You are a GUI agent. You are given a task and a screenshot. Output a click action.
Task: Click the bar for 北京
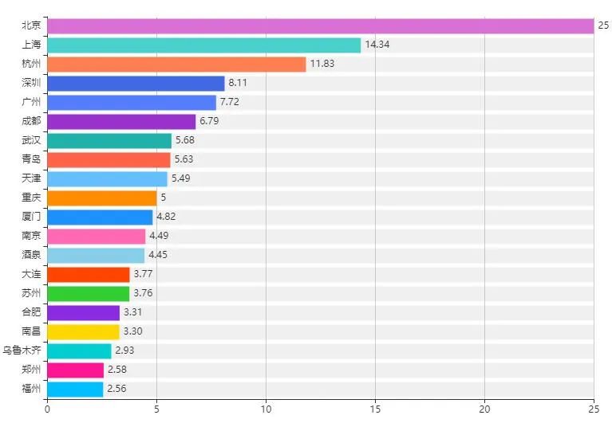click(x=319, y=26)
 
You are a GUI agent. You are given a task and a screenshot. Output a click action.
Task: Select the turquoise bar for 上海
click(x=204, y=45)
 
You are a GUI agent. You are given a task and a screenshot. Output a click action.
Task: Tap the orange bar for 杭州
click(x=176, y=65)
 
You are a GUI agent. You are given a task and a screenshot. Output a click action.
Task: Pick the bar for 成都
click(x=121, y=122)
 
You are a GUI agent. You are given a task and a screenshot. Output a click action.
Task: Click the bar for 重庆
click(x=102, y=198)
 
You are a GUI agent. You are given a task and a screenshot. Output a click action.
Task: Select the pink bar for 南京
click(x=97, y=236)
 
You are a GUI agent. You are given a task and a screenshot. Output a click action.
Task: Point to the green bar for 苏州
click(x=89, y=293)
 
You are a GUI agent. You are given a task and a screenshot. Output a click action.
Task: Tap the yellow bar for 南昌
click(x=84, y=331)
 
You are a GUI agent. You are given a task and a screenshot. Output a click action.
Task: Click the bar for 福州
click(x=76, y=389)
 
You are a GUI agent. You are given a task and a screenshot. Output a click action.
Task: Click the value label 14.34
click(x=377, y=45)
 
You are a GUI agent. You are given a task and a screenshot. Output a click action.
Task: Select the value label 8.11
click(x=238, y=84)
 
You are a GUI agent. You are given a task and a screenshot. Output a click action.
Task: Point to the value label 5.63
click(x=184, y=159)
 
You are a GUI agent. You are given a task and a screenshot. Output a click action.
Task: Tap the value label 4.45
click(x=158, y=255)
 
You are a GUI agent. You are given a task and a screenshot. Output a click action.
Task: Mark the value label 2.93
click(x=124, y=351)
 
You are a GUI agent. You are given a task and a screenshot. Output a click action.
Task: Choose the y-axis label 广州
click(x=31, y=103)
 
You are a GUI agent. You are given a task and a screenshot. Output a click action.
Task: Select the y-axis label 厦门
click(x=31, y=217)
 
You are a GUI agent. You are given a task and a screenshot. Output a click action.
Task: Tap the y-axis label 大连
click(x=31, y=274)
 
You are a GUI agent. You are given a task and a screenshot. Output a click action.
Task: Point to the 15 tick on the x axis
click(x=375, y=410)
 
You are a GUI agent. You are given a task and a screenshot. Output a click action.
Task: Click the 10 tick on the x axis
click(x=266, y=410)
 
